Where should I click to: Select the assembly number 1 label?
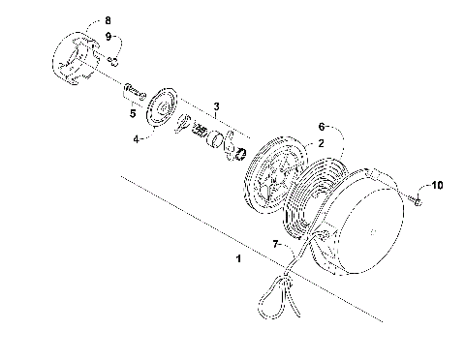239,259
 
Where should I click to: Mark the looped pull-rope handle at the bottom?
276,292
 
